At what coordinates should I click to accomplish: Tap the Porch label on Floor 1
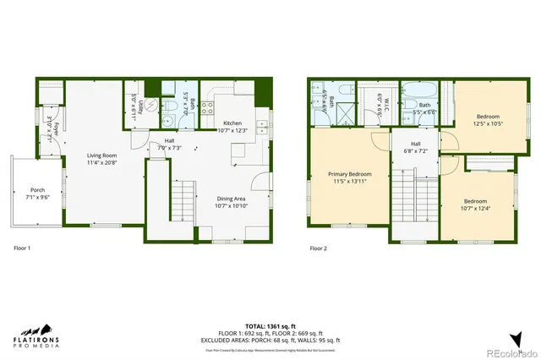[x=37, y=194]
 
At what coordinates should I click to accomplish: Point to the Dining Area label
[x=232, y=202]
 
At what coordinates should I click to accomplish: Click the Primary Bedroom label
[x=349, y=178]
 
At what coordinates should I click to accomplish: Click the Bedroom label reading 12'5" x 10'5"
[x=487, y=120]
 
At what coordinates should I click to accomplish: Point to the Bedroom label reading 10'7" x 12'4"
[x=475, y=205]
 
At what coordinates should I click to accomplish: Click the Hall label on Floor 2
[x=415, y=148]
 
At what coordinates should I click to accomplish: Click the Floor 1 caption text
[x=23, y=248]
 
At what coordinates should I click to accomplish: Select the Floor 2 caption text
[x=318, y=248]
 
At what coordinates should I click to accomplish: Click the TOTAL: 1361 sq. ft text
[x=270, y=325]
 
